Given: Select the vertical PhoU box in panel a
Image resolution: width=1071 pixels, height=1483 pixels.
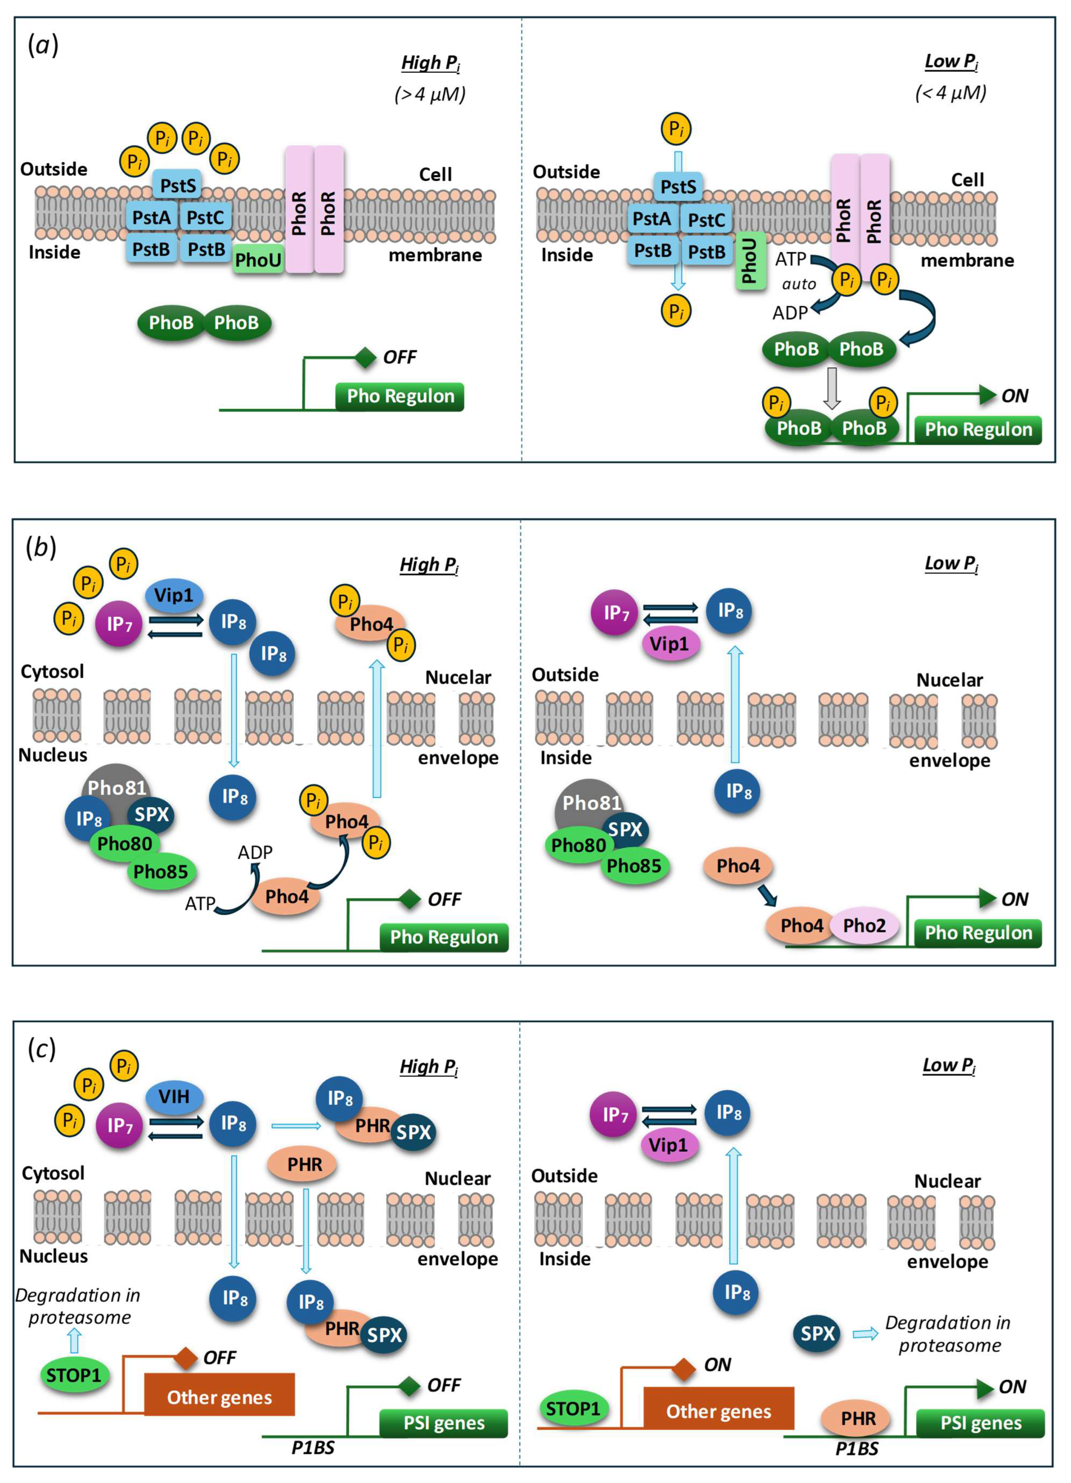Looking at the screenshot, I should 750,260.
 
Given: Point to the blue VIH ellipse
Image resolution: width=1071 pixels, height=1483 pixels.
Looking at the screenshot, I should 174,1096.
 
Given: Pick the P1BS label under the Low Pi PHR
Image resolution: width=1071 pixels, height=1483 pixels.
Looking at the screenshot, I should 857,1449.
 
